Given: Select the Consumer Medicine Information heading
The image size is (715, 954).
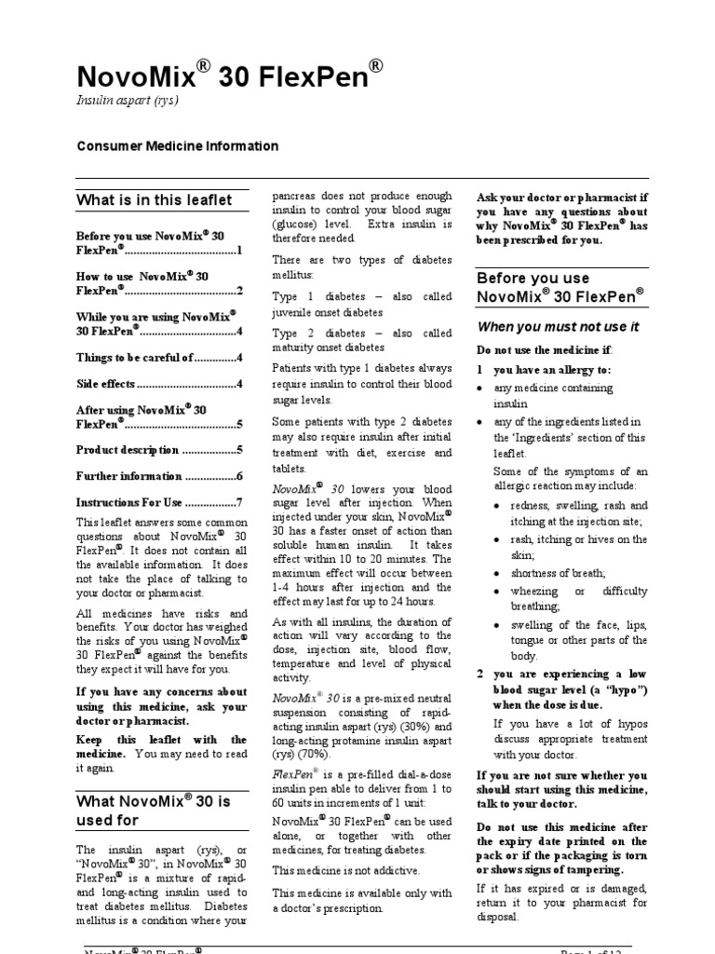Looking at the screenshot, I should pos(177,146).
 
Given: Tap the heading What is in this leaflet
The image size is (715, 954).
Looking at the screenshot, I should pos(155,199).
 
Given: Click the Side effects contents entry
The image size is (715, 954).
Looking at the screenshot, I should pos(158,383).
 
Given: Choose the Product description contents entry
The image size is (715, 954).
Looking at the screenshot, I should pos(158,449).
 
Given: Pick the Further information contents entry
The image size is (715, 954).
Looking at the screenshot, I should pos(158,476).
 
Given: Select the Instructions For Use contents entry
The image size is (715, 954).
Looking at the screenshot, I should pos(158,502).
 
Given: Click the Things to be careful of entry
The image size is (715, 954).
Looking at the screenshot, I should pos(158,357).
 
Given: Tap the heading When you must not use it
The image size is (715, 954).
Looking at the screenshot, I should pos(558,326).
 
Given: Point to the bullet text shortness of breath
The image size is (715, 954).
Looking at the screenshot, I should pos(558,573).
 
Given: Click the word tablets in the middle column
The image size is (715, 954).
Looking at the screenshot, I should pos(289,469).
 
